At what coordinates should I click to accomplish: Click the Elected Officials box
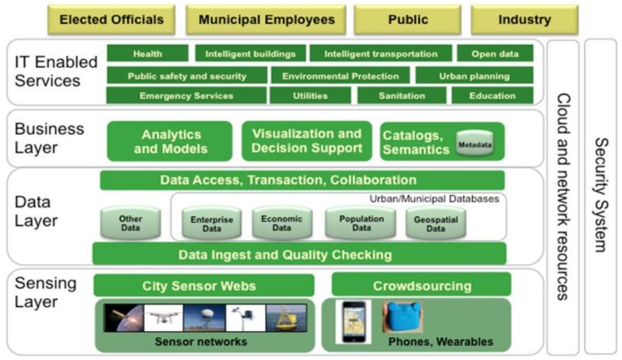point(112,19)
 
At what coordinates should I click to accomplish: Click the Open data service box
point(495,54)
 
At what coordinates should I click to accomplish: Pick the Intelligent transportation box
point(380,54)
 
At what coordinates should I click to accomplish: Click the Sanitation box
point(401,96)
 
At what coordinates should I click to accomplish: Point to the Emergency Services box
point(186,96)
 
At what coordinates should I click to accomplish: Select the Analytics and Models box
point(170,142)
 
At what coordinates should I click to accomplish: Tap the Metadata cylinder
point(475,145)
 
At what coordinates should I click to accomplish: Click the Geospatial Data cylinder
point(435,223)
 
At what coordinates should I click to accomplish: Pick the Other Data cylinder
point(130,223)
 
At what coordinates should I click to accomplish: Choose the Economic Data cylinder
point(282,223)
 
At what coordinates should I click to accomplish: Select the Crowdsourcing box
point(421,286)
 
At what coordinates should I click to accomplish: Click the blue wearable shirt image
point(402,317)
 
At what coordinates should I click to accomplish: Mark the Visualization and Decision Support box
point(307,141)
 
